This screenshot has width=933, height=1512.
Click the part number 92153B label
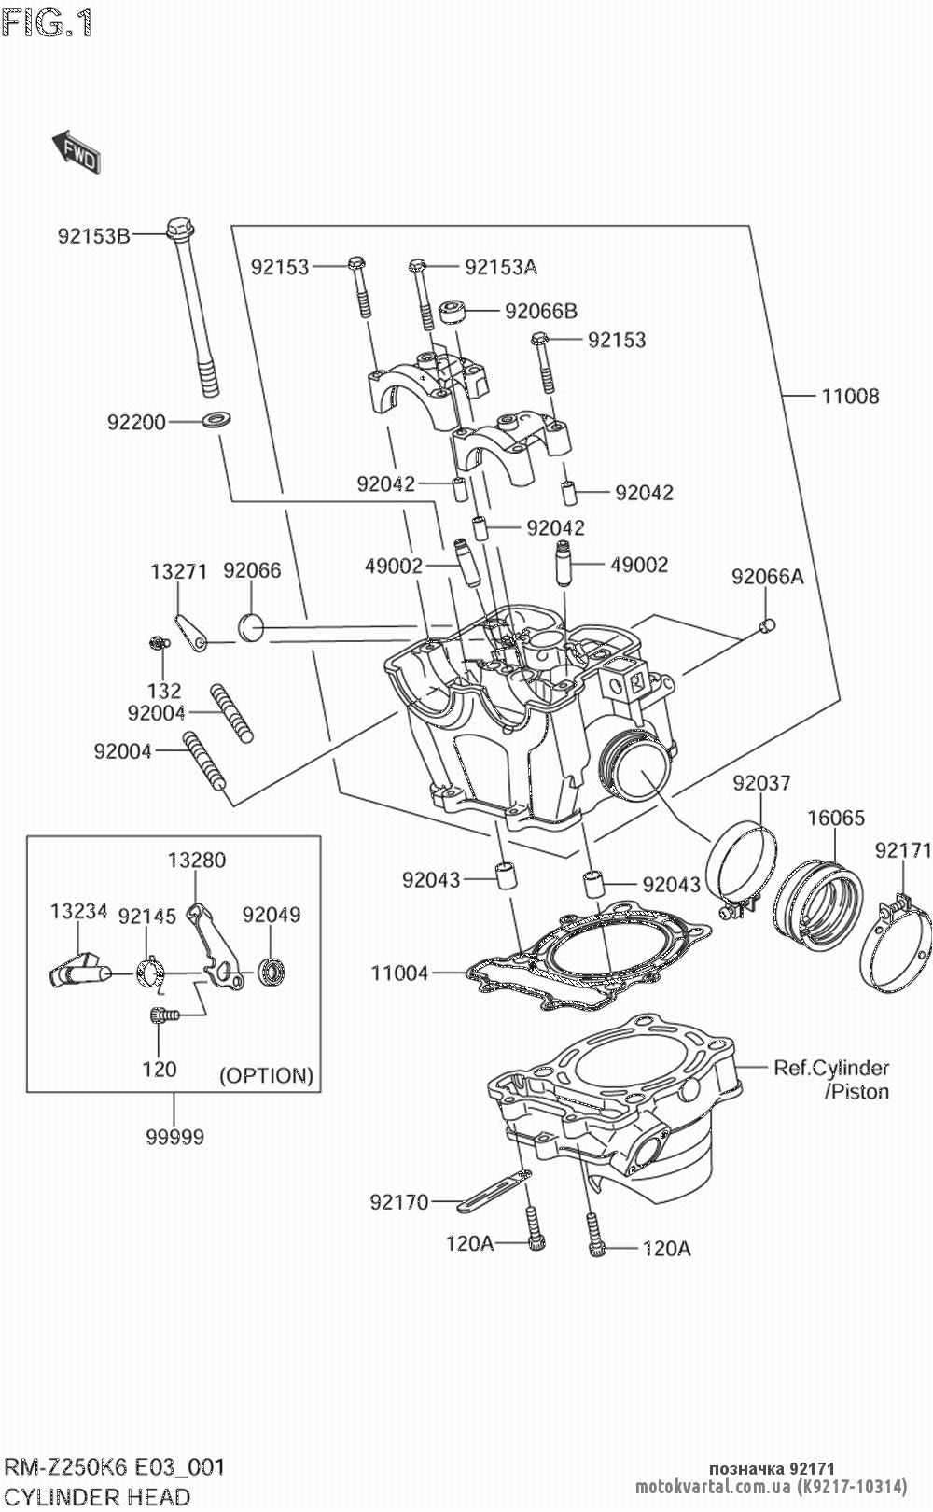[93, 235]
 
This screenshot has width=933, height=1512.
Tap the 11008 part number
[849, 396]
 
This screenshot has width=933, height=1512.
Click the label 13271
[178, 570]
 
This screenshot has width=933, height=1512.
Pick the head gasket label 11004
[399, 973]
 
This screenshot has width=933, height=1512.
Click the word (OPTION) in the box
[266, 1075]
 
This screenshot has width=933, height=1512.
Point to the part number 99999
[174, 1137]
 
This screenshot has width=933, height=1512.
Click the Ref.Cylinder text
[830, 1067]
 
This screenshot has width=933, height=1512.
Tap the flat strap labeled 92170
[494, 1190]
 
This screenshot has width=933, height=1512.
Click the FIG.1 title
[47, 23]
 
